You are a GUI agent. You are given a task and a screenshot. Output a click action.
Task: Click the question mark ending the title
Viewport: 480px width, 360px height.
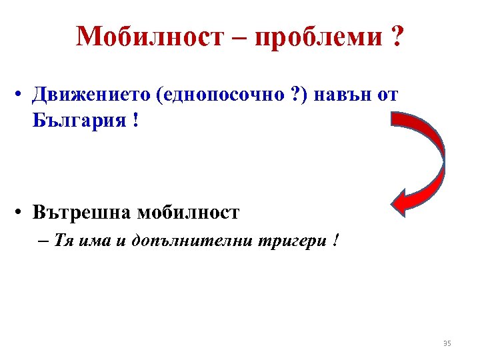tap(397, 37)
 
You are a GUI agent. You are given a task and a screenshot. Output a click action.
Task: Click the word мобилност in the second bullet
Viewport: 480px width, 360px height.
tap(188, 213)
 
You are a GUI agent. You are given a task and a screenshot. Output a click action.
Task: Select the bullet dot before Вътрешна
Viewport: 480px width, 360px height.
tap(21, 213)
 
